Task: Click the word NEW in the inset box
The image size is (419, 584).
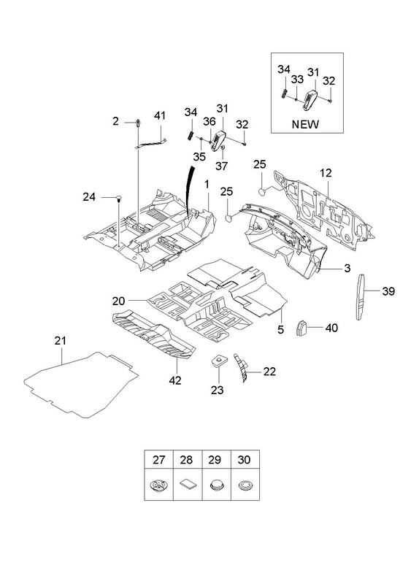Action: (x=305, y=124)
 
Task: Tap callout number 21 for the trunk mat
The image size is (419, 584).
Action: (x=60, y=340)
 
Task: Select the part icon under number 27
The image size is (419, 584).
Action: (x=158, y=485)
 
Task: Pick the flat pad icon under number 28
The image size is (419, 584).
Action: (x=188, y=485)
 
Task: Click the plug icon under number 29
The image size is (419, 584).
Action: (x=216, y=485)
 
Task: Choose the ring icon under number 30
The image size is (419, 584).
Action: (x=245, y=485)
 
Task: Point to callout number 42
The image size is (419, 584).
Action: (x=174, y=380)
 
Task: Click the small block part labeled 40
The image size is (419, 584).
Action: (x=301, y=327)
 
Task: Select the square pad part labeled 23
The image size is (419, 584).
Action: (x=218, y=360)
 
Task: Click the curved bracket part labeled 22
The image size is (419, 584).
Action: (x=241, y=368)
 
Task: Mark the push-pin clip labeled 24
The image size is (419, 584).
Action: (x=119, y=197)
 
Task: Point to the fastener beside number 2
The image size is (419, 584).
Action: (x=138, y=123)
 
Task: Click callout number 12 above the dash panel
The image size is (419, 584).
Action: (x=325, y=173)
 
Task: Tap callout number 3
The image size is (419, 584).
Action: (x=347, y=268)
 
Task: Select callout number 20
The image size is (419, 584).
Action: (x=118, y=301)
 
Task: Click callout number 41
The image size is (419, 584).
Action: (x=159, y=116)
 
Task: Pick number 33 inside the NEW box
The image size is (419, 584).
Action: (x=297, y=80)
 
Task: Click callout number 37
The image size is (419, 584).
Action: (x=221, y=166)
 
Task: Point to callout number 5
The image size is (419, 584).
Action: (x=280, y=329)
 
